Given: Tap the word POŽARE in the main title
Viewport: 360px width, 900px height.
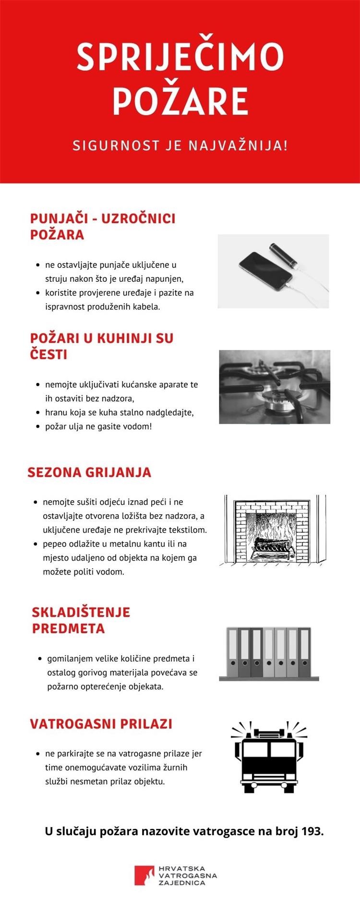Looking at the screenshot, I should point(180,101).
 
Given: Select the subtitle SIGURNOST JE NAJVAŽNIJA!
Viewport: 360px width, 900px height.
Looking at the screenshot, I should point(180,145).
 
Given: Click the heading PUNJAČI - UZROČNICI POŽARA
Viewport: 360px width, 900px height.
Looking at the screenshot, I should point(103,227).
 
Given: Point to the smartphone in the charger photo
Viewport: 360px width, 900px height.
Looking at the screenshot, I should point(265,270).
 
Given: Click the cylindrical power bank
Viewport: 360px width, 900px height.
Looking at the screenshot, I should point(283,255).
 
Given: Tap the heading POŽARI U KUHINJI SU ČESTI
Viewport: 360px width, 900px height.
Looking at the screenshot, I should point(102,346).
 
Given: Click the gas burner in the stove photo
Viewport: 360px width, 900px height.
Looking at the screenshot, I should point(276,401).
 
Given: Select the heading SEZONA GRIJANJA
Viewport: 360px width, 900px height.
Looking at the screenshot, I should point(89,472).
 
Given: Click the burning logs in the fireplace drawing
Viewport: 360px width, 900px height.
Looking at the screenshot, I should point(272,546).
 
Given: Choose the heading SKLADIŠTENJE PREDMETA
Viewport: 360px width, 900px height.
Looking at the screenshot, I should point(81,620).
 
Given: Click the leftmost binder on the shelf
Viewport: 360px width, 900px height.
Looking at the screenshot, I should point(232,652).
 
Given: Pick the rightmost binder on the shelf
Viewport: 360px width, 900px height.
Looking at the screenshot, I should point(305,652).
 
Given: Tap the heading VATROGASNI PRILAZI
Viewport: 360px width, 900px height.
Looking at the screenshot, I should point(101,724).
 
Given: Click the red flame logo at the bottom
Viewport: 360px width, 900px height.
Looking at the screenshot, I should point(144,875).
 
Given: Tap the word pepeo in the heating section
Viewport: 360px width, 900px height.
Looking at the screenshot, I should point(54,544).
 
